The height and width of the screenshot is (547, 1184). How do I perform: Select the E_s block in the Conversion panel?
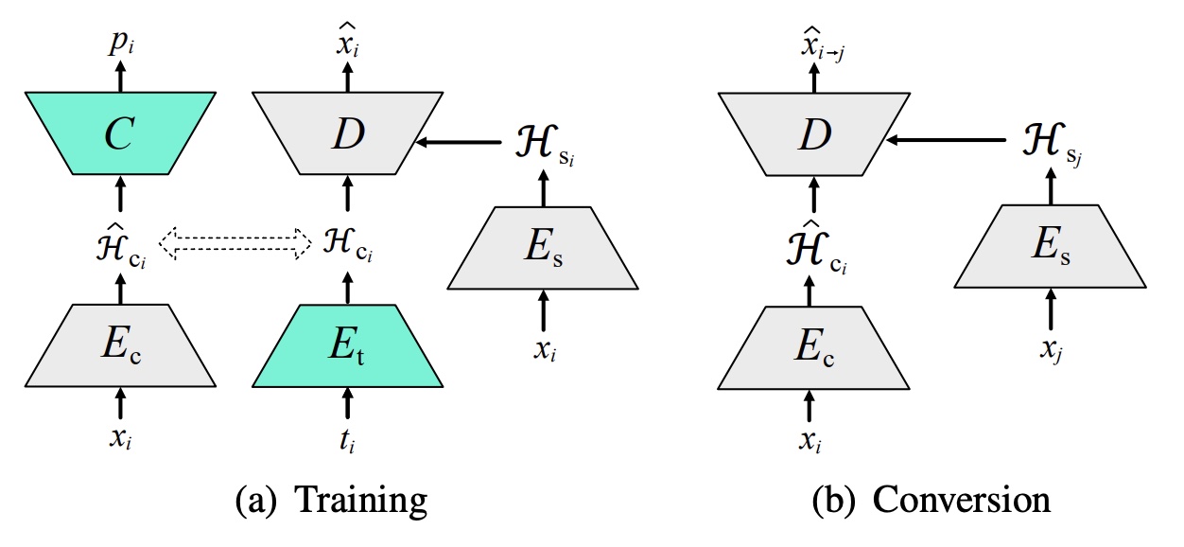[x=1050, y=248]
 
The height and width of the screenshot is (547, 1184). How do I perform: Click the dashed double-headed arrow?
[x=235, y=243]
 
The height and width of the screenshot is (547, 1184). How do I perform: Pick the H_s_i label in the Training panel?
[x=542, y=145]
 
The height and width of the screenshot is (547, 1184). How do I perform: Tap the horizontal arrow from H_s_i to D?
[x=460, y=143]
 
